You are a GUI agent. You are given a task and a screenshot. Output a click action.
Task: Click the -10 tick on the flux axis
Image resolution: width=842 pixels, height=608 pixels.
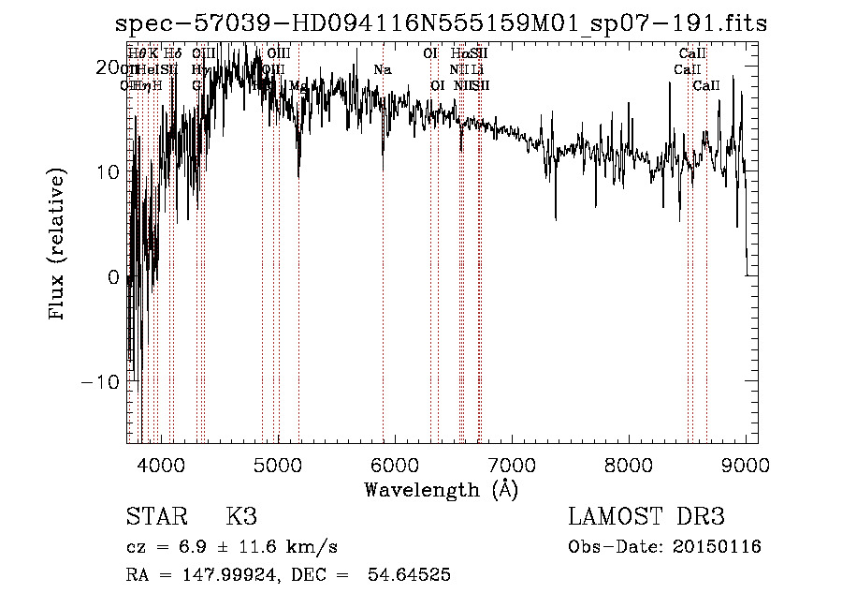click(x=100, y=382)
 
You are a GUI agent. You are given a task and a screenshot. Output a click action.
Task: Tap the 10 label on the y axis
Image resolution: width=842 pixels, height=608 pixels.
click(x=107, y=172)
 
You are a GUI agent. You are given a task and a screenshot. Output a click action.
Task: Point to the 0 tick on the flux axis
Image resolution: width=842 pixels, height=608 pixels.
click(x=113, y=277)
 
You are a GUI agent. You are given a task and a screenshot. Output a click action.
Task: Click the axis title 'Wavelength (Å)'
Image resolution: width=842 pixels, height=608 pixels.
click(x=441, y=489)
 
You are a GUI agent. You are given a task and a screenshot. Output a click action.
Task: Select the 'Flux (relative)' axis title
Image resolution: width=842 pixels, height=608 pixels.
click(x=58, y=245)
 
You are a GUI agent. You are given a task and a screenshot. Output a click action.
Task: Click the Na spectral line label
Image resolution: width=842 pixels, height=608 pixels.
click(x=382, y=70)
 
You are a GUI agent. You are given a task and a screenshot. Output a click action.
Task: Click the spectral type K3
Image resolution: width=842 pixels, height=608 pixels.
click(x=241, y=517)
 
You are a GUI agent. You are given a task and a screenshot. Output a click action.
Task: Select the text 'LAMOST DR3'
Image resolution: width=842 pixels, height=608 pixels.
click(x=646, y=517)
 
